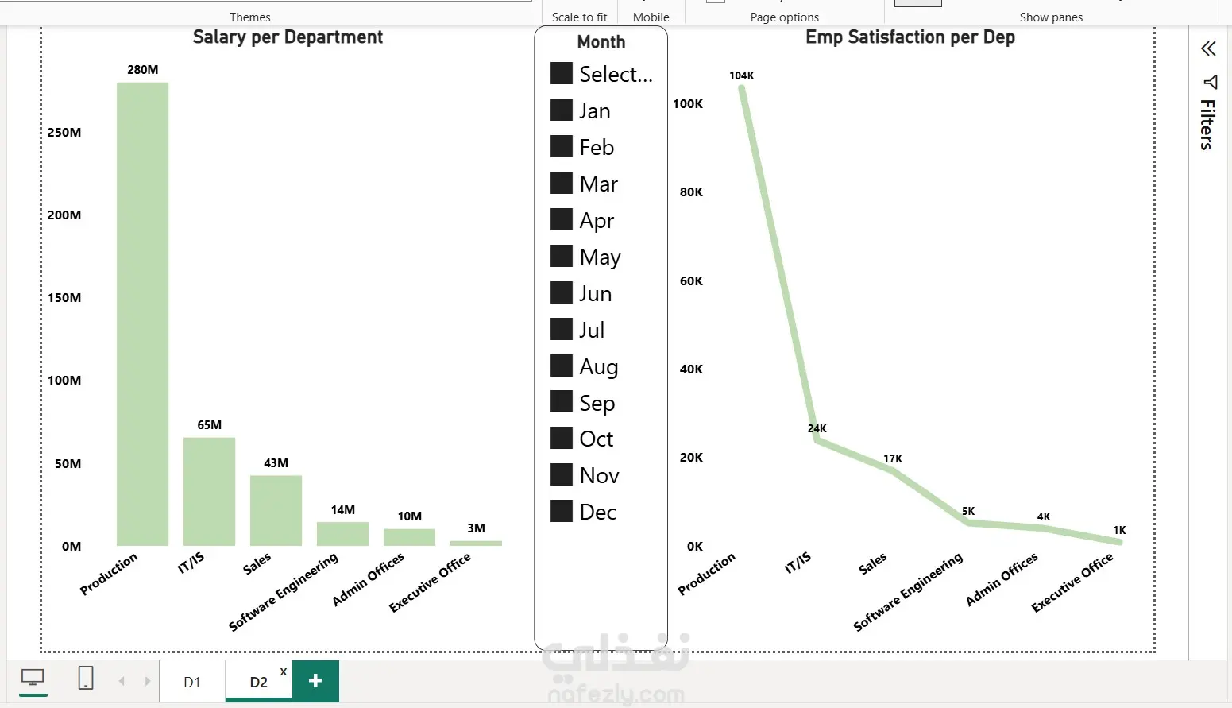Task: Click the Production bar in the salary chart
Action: (142, 314)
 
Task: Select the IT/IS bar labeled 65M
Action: (209, 491)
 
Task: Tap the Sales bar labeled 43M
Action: (276, 510)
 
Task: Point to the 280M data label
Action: (143, 70)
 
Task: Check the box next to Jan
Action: (562, 110)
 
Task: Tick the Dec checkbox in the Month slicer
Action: (562, 512)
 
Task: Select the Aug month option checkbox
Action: (562, 366)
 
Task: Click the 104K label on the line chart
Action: (742, 76)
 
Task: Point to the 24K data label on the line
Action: (817, 428)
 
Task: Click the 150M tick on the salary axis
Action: (64, 298)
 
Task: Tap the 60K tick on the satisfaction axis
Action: (691, 281)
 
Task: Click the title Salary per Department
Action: (288, 37)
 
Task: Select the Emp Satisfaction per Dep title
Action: (910, 37)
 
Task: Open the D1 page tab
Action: (192, 682)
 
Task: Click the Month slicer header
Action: (601, 42)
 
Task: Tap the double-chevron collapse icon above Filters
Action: (1208, 49)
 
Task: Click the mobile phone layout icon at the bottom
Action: (86, 679)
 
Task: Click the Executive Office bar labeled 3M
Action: (476, 543)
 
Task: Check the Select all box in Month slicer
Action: (562, 74)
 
